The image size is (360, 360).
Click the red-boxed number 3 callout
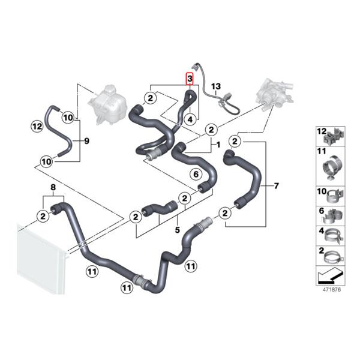point(190,79)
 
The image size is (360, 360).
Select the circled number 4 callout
point(190,119)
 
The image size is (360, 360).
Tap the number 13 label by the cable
point(216,86)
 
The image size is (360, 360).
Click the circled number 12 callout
point(37,126)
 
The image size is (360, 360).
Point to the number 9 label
point(86,141)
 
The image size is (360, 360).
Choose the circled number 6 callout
point(196,174)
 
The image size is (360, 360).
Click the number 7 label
point(276,185)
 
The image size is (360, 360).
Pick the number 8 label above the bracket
point(53,187)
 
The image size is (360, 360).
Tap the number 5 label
point(177,230)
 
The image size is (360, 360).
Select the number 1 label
point(218,145)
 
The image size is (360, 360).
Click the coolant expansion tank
point(107,104)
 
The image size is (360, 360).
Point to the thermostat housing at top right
point(275,95)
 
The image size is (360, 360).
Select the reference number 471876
point(332,290)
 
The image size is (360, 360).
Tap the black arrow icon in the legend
point(331,276)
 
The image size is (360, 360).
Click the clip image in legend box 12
point(334,138)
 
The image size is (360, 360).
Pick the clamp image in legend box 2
point(334,258)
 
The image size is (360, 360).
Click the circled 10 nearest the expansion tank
point(68,118)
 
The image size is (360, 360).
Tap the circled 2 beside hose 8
point(43,216)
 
